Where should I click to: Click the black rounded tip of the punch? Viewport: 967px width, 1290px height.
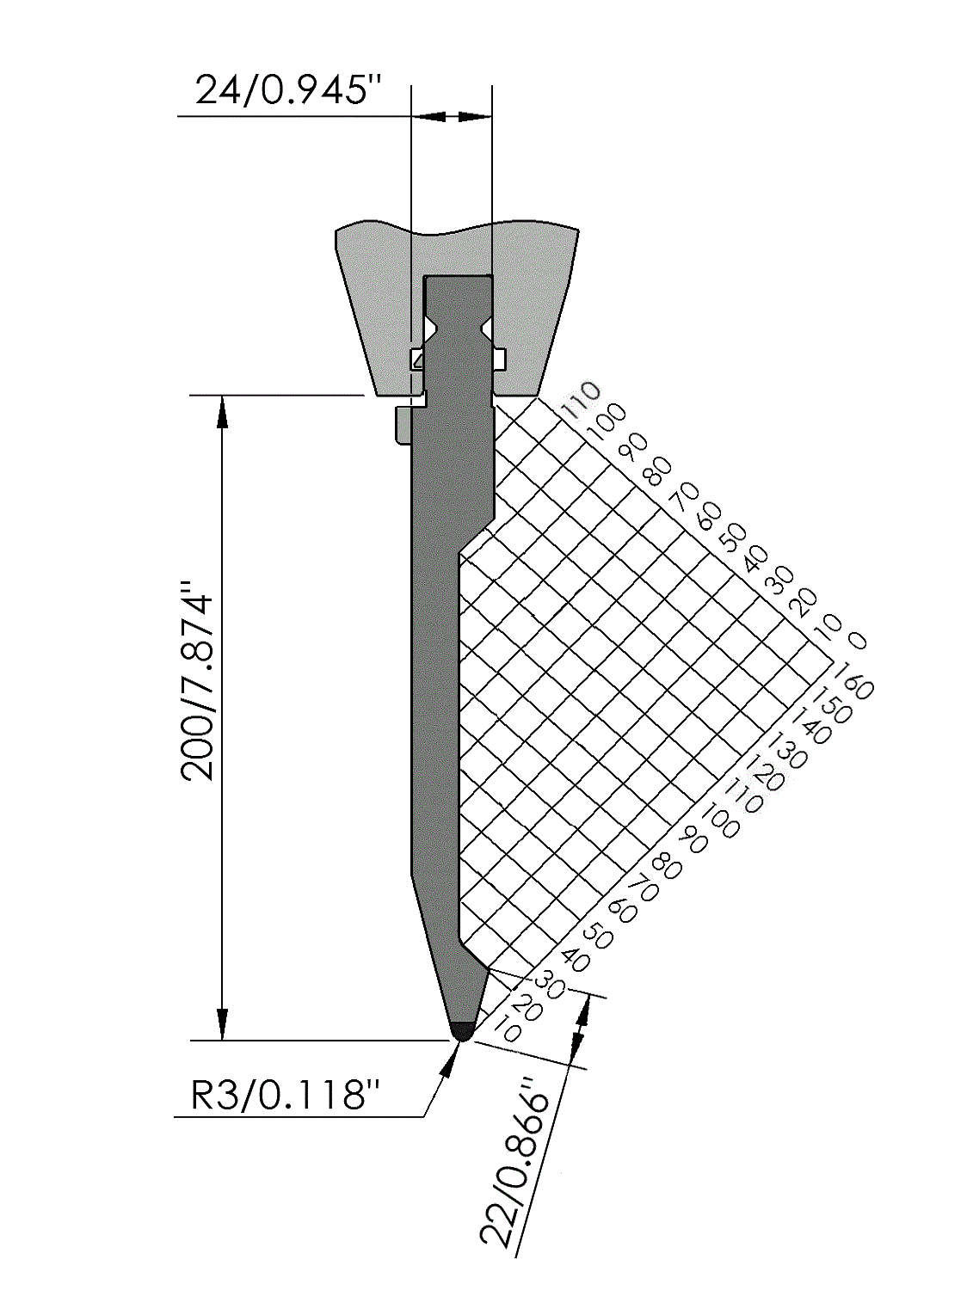[463, 1042]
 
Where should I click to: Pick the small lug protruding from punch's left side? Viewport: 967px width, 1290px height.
[403, 424]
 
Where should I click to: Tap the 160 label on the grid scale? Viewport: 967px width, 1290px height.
[853, 682]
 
